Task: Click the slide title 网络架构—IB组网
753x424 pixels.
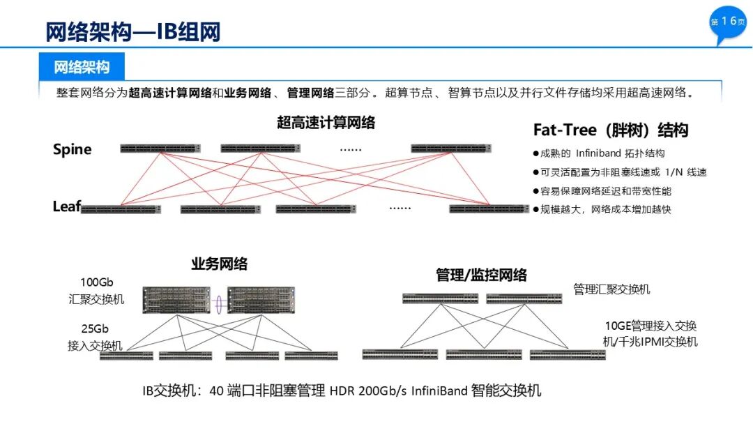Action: click(133, 32)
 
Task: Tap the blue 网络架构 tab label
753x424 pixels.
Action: click(82, 68)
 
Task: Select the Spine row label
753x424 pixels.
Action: click(72, 149)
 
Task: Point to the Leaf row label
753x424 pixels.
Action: click(66, 206)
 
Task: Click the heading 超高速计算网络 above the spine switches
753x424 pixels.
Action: click(326, 123)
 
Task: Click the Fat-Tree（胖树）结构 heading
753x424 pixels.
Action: click(610, 130)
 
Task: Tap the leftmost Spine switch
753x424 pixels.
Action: click(160, 149)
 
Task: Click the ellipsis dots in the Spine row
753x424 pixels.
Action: click(350, 149)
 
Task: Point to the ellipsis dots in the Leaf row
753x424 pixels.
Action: click(400, 208)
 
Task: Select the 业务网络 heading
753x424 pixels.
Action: click(220, 264)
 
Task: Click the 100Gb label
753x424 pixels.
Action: click(96, 282)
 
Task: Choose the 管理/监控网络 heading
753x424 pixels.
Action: click(481, 275)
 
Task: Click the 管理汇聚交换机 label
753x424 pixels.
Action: click(611, 289)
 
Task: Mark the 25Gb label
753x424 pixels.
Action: click(95, 329)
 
